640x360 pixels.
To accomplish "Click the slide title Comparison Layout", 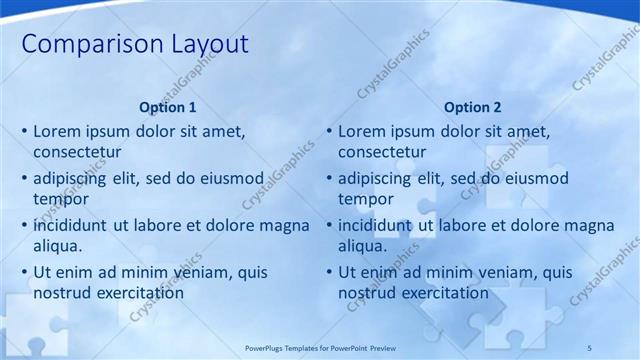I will coord(135,45).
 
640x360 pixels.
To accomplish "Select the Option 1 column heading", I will coord(168,107).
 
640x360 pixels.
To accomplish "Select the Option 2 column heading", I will coord(472,107).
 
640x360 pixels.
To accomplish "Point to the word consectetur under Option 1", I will coord(77,152).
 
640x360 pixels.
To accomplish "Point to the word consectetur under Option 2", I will coord(382,152).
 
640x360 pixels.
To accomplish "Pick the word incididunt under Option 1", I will coord(70,225).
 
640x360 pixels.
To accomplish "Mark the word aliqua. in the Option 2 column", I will coord(363,246).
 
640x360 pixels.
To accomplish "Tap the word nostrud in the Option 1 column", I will coord(61,293).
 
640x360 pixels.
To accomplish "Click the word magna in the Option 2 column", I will coord(590,225).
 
